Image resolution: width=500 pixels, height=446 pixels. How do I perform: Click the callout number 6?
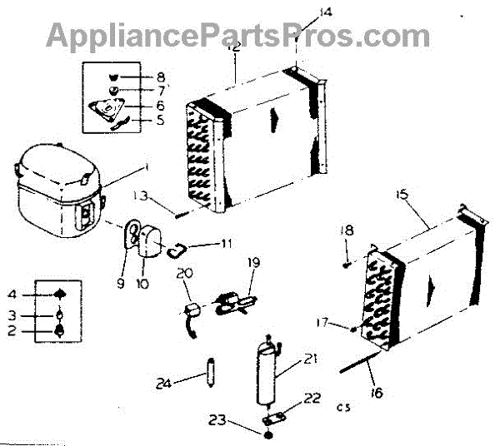click(x=160, y=106)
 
